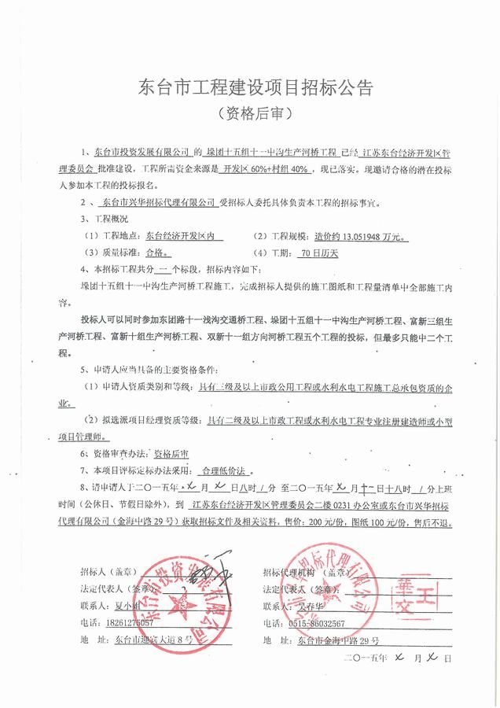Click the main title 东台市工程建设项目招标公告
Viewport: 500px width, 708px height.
[249, 84]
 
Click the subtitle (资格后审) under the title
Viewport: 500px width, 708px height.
[249, 112]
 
